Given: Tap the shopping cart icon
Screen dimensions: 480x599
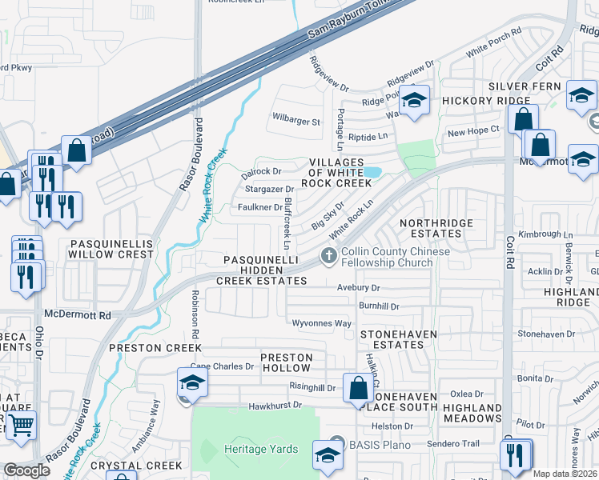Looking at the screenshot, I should [21, 425].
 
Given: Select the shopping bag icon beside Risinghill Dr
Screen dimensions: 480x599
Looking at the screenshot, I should [358, 388].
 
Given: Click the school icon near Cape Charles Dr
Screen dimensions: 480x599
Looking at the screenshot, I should [192, 382].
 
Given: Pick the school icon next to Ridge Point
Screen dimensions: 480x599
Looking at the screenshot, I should [414, 101].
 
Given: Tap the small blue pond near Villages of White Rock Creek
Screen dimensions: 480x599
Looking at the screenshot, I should [371, 172].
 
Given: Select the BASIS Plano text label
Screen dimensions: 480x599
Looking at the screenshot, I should [380, 445].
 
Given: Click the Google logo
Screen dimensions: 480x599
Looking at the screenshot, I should [26, 470].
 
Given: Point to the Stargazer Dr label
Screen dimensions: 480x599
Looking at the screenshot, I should [269, 190].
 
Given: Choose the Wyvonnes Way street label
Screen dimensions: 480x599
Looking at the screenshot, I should [321, 324].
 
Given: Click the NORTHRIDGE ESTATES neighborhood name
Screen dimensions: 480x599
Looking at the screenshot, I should [436, 228].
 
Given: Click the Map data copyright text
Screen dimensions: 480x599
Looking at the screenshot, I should [564, 474].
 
